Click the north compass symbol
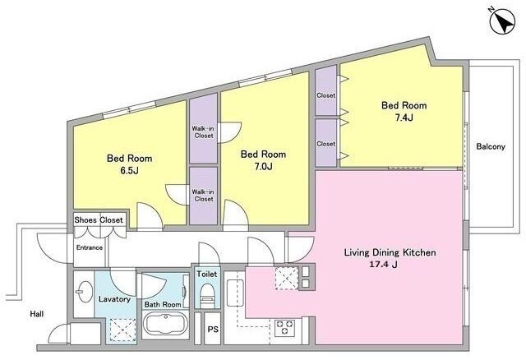point(502,21)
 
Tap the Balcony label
point(491,146)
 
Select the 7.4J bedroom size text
point(404,118)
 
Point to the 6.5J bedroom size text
point(130,170)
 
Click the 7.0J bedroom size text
point(263,166)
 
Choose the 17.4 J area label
point(384,265)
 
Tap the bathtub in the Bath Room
point(166,324)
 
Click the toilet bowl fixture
point(207,293)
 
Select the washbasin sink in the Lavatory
point(85,291)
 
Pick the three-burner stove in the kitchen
point(285,327)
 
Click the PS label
point(213,329)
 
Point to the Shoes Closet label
point(99,220)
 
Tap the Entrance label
point(90,247)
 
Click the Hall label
point(36,314)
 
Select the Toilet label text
point(207,274)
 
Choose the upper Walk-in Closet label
point(204,132)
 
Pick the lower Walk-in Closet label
point(204,196)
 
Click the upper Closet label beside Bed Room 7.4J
point(325,95)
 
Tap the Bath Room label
point(163,304)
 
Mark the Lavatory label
point(114,299)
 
